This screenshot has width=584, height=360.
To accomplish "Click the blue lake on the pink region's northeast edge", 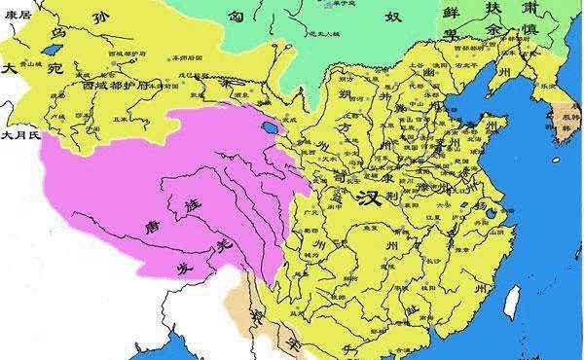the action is [x=270, y=127].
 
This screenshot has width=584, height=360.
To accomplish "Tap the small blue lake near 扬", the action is [x=493, y=213].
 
